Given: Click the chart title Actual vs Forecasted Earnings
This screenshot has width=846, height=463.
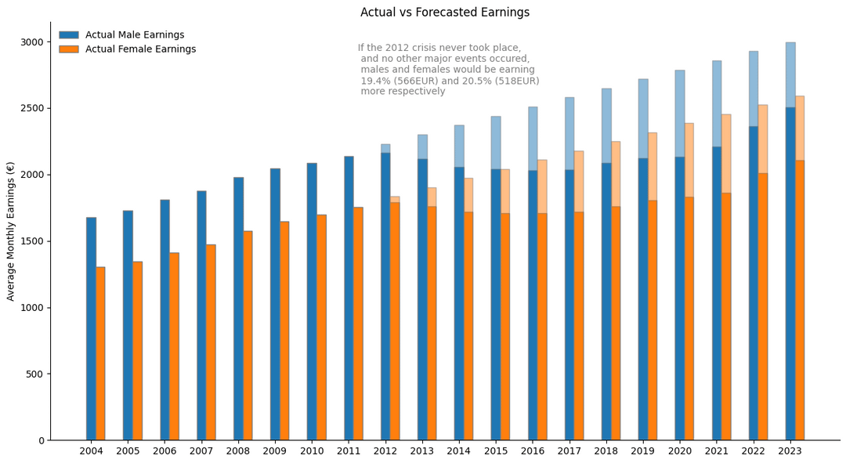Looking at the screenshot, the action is [x=445, y=12].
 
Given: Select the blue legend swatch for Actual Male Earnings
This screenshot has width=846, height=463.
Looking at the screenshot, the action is [x=69, y=34].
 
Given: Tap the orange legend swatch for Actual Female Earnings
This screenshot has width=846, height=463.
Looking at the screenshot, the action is [x=69, y=49].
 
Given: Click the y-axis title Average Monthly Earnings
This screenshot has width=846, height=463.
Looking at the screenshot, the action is [x=11, y=232].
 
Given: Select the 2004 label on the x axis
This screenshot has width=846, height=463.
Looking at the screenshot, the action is [x=91, y=451].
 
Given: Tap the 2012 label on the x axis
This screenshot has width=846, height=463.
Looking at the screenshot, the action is [x=385, y=451].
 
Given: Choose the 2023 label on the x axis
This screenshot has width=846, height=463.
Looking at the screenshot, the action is [x=790, y=451].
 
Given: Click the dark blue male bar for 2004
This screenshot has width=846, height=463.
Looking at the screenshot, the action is [x=91, y=328].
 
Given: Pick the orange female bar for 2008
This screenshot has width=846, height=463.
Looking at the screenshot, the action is [x=248, y=335].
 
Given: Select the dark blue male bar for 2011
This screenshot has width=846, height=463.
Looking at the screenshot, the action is [x=349, y=298].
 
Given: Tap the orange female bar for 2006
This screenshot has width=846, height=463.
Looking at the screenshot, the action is [x=174, y=346].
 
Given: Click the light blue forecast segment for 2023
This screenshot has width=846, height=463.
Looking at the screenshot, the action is [x=790, y=75].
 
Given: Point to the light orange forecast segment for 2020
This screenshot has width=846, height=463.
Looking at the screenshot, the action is [x=689, y=161].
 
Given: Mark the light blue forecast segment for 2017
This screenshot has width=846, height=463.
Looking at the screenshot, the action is [x=569, y=134].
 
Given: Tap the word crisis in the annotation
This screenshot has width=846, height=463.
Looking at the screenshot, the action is [x=422, y=48].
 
